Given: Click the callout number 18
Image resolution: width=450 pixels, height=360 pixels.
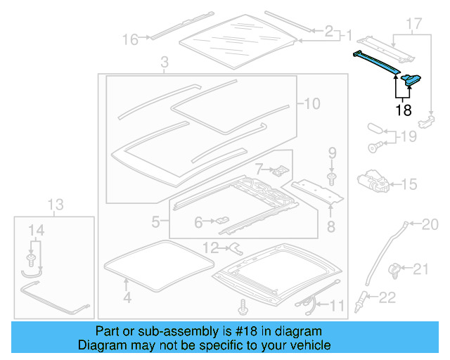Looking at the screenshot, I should coord(403,110).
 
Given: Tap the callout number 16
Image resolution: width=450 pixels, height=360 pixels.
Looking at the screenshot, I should coord(131,39).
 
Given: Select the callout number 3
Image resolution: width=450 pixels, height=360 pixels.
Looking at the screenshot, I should coord(164,64).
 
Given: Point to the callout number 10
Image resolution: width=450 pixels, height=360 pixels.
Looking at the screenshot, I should coord(311,104).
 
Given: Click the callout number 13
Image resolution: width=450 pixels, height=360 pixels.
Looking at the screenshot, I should coord(56,205).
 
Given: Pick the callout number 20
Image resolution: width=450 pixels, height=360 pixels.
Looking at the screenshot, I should coord(429,224).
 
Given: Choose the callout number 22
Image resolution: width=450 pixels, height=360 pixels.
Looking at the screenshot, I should coord(387,297).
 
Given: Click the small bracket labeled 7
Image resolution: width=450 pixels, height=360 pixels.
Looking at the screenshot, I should coord(281,169).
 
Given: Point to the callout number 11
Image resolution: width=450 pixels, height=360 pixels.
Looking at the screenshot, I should coord(338,305).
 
